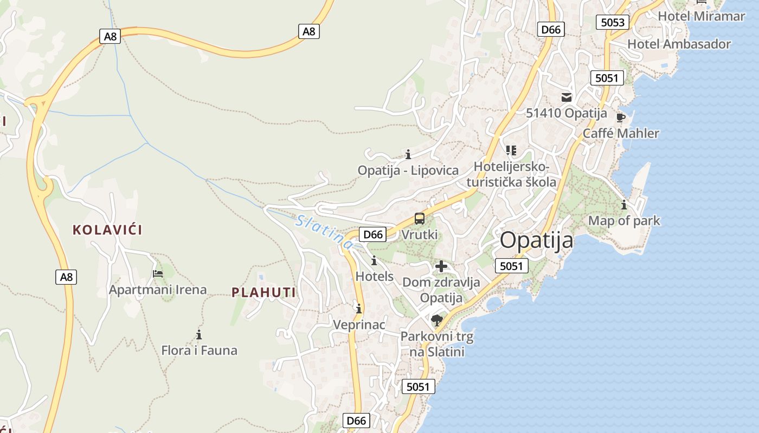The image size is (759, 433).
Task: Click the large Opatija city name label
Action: click(x=536, y=240)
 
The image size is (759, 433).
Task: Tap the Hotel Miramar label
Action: click(x=701, y=16)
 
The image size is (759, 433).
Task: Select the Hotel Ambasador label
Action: click(x=679, y=44)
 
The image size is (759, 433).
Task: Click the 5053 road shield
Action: click(x=613, y=22)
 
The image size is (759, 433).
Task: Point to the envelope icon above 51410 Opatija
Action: click(x=567, y=97)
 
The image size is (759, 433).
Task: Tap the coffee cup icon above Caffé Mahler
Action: click(x=621, y=117)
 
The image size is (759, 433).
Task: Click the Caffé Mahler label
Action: click(x=621, y=133)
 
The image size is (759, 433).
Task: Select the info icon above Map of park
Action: click(x=624, y=205)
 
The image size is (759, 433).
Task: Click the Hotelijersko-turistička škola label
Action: click(x=511, y=174)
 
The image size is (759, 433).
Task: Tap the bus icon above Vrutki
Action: click(x=420, y=219)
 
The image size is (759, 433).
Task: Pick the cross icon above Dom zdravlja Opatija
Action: click(x=441, y=266)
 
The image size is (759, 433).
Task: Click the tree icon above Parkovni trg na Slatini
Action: click(x=436, y=320)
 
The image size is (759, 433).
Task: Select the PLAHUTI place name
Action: click(x=263, y=293)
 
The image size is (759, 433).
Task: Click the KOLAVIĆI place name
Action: click(x=107, y=230)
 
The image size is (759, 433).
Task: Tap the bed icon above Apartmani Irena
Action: click(x=158, y=274)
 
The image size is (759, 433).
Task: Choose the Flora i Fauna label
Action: click(x=199, y=350)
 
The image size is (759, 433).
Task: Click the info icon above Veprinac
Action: click(x=358, y=309)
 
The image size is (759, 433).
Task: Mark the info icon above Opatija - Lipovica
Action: click(x=408, y=154)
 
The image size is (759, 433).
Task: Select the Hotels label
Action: click(x=374, y=276)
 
